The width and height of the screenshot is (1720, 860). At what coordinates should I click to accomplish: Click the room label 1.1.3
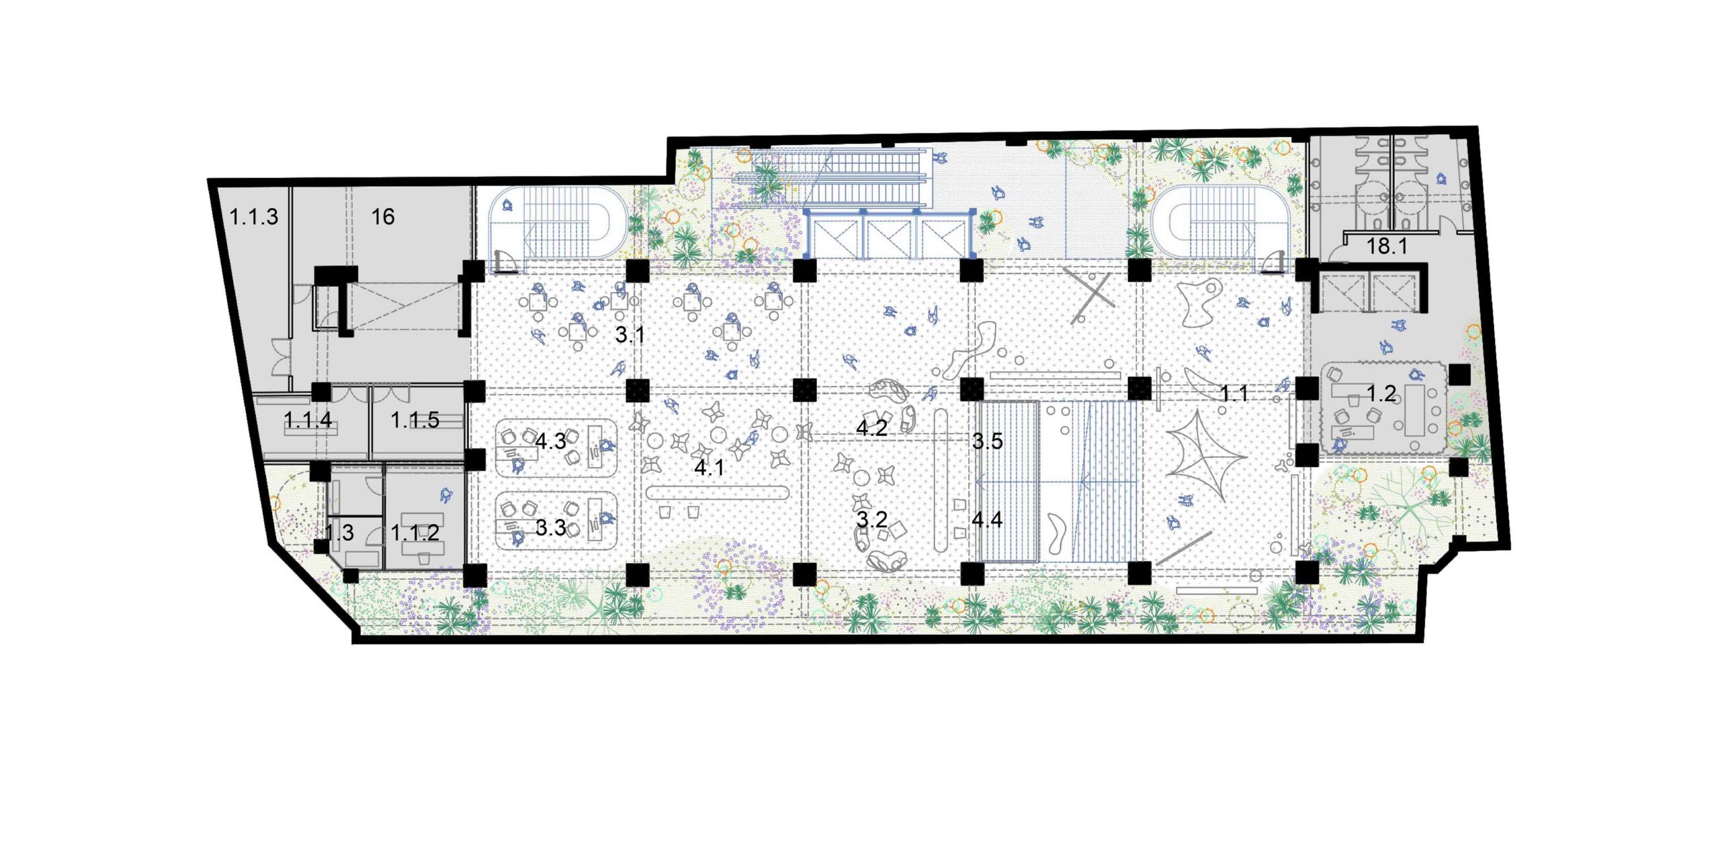tap(253, 217)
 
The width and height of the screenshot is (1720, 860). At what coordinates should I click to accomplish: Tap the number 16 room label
tap(383, 216)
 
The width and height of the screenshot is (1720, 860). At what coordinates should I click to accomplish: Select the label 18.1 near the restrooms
tap(1387, 247)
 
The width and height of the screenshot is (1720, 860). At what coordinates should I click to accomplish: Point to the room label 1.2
tap(1381, 393)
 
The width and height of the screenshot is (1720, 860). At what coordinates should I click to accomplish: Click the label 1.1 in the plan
tap(1234, 393)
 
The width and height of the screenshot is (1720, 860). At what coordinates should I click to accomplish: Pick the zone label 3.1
tap(630, 335)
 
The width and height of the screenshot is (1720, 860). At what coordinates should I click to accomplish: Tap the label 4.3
tap(550, 441)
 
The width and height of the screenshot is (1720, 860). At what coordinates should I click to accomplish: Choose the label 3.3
tap(550, 527)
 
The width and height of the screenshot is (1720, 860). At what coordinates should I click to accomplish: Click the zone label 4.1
tap(709, 468)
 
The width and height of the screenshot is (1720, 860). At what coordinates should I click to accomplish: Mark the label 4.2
tap(871, 428)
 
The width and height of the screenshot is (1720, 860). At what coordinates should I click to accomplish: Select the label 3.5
tap(987, 441)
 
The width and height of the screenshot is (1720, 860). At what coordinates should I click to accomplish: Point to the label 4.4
tap(987, 519)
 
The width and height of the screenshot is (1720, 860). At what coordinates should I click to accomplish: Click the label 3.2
tap(871, 519)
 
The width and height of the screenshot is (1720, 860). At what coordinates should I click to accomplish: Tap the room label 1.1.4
tap(308, 420)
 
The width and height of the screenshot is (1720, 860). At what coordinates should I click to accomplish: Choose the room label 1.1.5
tap(415, 420)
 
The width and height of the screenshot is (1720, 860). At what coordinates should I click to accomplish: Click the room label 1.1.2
tap(415, 533)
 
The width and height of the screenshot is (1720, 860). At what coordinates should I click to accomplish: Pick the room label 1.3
tap(339, 533)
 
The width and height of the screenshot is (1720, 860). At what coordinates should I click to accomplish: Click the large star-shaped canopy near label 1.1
tap(1203, 457)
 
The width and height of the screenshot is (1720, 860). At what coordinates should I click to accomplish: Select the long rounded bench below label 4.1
tap(717, 493)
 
